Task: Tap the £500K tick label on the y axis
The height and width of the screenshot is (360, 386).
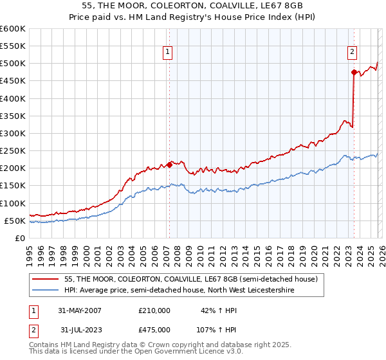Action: click(x=13, y=64)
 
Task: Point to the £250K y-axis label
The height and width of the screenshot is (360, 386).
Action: click(x=13, y=151)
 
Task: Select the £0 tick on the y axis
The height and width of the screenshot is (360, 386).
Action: click(x=20, y=239)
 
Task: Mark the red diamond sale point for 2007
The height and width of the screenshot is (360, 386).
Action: click(x=169, y=165)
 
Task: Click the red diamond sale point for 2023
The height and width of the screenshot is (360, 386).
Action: click(x=354, y=72)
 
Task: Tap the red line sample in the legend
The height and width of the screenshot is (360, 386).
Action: click(x=46, y=280)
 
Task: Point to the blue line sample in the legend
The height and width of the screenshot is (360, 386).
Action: click(x=46, y=291)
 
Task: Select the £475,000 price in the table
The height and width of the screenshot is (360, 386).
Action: click(x=154, y=329)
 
